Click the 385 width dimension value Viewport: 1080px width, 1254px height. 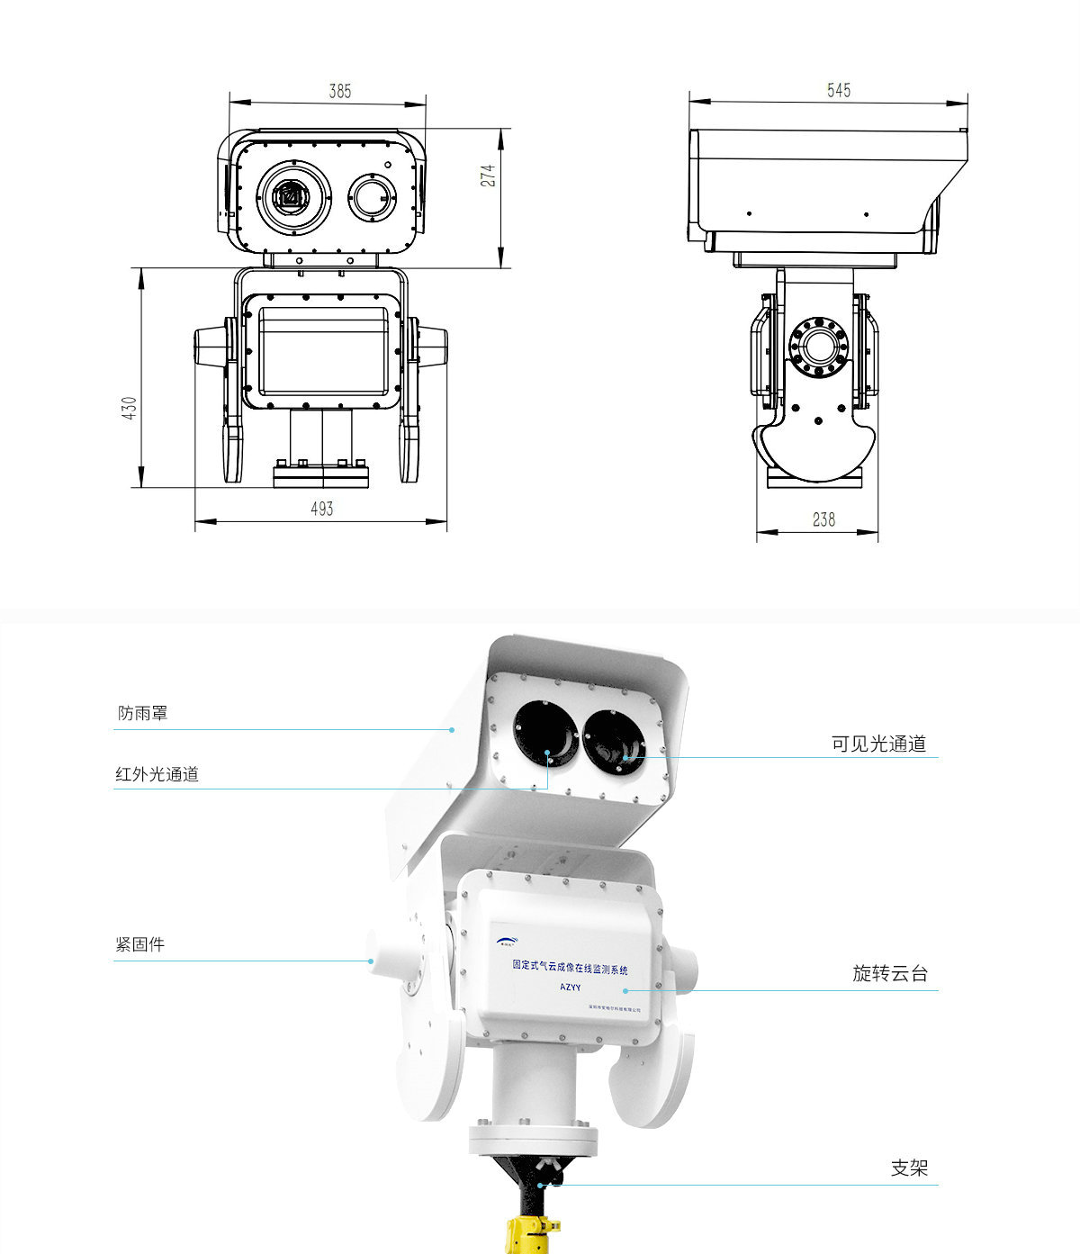(x=339, y=91)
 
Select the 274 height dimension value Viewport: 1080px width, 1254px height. (x=488, y=175)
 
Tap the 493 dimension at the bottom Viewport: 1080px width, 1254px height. (x=321, y=509)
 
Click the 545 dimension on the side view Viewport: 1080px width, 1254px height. (x=838, y=90)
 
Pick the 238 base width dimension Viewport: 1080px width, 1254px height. (x=823, y=519)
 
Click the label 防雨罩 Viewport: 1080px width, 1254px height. (x=142, y=713)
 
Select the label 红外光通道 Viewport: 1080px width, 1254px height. (x=157, y=773)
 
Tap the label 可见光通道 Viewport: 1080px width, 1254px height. (x=878, y=744)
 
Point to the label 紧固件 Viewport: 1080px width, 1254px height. (x=139, y=944)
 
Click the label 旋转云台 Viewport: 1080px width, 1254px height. (x=889, y=973)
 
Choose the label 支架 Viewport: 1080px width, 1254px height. (x=909, y=1168)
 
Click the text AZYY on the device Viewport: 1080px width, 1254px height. (x=571, y=987)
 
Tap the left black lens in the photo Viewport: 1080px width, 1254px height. (x=546, y=734)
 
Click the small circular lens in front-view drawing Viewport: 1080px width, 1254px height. (x=372, y=195)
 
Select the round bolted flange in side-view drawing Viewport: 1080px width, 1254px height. (x=818, y=345)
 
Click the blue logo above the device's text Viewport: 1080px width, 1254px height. (x=507, y=942)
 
